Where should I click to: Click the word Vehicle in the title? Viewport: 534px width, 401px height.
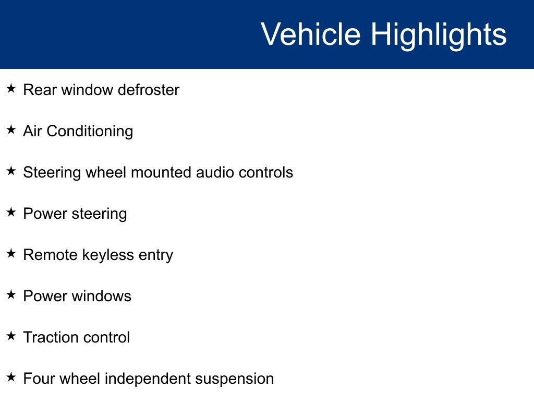311,34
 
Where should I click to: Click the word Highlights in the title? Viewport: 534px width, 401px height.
439,36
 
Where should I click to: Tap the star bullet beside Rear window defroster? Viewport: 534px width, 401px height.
11,88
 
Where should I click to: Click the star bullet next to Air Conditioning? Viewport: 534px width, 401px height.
11,129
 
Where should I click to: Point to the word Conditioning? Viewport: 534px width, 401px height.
90,132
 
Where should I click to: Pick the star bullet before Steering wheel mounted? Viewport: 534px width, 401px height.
11,171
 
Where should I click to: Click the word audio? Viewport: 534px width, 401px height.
215,172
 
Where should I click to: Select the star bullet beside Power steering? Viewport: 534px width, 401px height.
11,212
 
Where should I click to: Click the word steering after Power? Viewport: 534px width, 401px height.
99,215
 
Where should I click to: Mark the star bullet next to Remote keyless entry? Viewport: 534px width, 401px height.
11,253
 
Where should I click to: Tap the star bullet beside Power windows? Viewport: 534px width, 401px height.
11,294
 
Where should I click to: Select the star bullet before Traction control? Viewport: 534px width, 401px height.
11,336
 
